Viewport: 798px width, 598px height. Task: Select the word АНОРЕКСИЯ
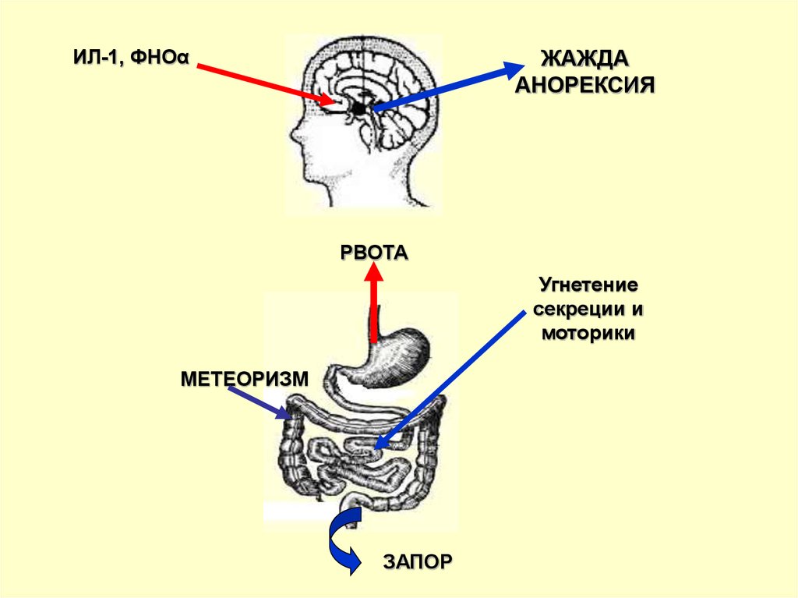point(584,84)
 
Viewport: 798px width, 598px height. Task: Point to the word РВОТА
point(374,253)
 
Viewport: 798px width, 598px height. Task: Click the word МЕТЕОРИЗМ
point(245,380)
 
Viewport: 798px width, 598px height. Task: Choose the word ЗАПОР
point(417,561)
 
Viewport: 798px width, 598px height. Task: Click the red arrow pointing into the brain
point(265,83)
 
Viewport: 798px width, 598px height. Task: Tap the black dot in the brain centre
point(359,109)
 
